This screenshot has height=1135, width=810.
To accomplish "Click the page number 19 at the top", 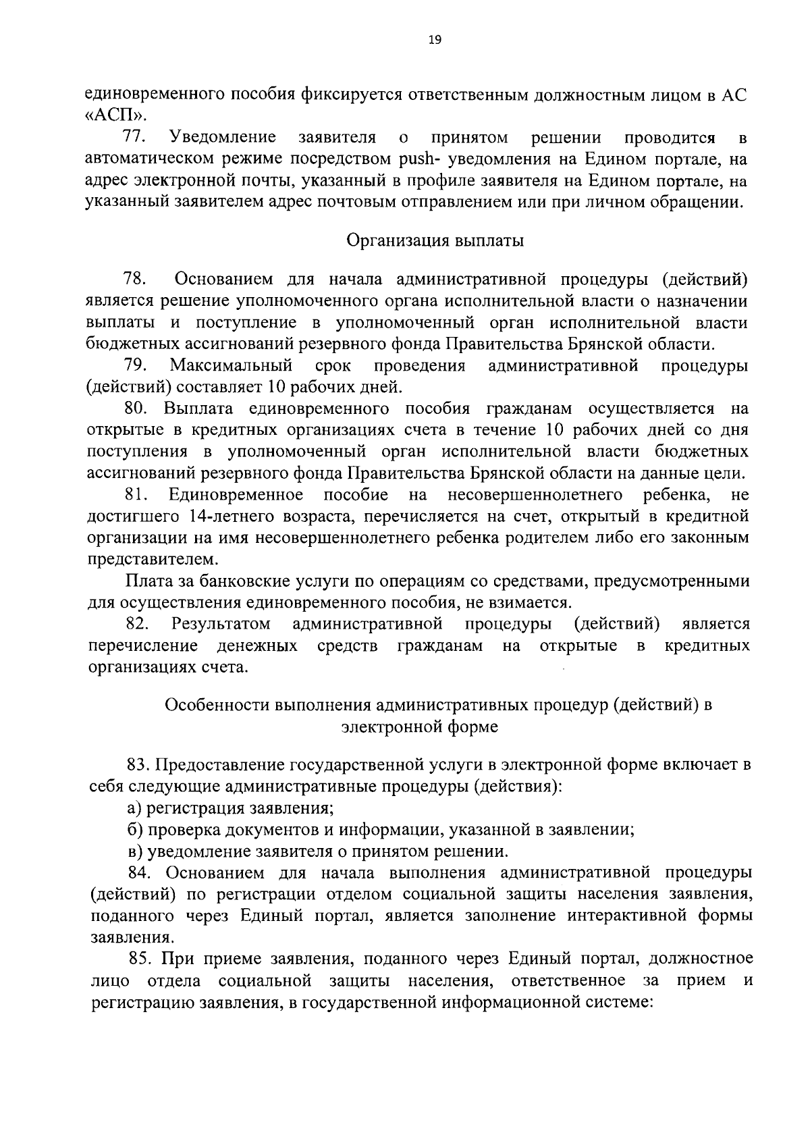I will click(434, 41).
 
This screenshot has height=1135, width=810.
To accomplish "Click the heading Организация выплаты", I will click(435, 240).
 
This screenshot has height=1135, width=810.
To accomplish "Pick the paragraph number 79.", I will click(136, 365).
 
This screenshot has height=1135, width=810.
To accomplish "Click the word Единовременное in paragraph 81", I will click(236, 495).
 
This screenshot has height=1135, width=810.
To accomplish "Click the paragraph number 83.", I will click(138, 765).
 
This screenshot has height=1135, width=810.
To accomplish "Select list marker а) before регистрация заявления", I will click(135, 808).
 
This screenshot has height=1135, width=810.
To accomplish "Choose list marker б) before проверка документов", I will click(135, 830).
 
